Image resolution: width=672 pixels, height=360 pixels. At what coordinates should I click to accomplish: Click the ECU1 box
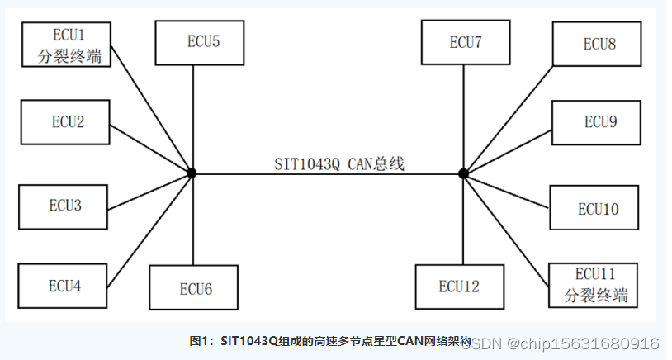tap(68, 46)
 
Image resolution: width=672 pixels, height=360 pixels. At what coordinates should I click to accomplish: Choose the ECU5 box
tap(198, 41)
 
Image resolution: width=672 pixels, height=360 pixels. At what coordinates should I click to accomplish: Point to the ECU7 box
tap(465, 43)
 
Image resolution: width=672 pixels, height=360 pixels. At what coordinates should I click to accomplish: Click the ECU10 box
tap(597, 209)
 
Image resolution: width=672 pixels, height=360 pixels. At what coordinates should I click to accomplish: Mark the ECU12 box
tap(458, 287)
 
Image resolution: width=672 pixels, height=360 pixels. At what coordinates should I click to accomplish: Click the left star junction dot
tap(192, 173)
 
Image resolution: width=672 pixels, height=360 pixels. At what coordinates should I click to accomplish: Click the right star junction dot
tap(463, 173)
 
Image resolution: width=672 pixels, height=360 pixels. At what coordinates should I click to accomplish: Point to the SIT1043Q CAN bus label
tap(339, 163)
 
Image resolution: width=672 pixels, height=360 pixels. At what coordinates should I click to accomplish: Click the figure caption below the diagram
tap(330, 341)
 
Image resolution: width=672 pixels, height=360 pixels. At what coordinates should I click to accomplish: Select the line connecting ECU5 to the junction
tap(192, 116)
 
